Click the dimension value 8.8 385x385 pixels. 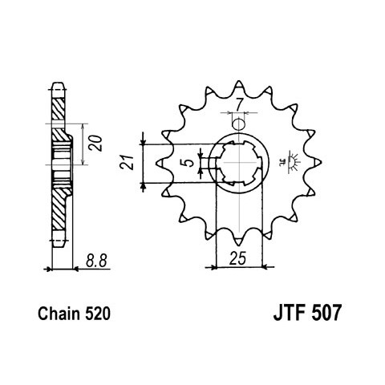[x=96, y=261]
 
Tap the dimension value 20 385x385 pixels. [x=96, y=144]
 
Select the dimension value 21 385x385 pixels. [x=127, y=162]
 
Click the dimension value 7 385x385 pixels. [x=239, y=103]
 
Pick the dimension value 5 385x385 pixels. [x=189, y=162]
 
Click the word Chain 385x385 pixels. [x=59, y=314]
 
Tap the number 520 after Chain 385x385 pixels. [x=98, y=314]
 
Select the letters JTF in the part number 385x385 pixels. [x=290, y=313]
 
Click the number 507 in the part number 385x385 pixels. [x=326, y=313]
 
